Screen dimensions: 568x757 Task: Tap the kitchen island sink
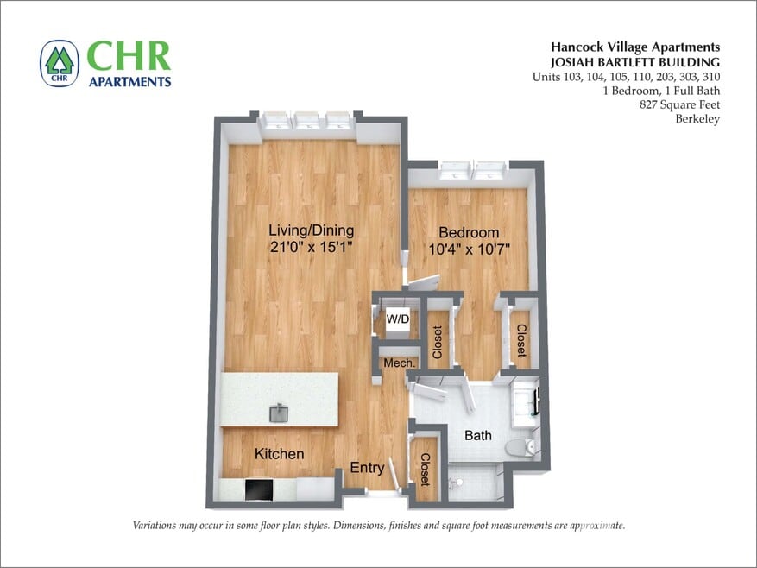point(280,413)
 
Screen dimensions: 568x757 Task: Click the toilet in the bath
point(520,446)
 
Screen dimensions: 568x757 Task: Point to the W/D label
point(398,319)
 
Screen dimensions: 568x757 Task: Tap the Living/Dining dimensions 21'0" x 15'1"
point(311,247)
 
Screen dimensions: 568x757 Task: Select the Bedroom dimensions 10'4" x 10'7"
point(469,249)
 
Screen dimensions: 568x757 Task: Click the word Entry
point(367,468)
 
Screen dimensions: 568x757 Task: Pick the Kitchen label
point(279,454)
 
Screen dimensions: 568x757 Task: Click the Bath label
point(477,435)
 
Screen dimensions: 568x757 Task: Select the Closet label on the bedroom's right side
point(520,340)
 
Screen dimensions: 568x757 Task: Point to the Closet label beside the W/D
point(438,342)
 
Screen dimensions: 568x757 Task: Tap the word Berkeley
point(697,119)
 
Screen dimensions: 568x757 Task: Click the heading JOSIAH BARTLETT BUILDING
point(635,61)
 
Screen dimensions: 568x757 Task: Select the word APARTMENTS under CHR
point(129,81)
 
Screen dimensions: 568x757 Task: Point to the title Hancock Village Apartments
point(635,47)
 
